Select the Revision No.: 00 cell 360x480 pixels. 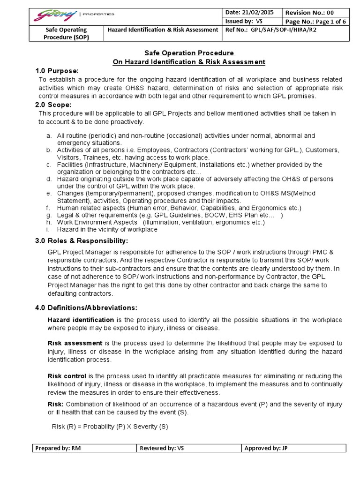[314, 12]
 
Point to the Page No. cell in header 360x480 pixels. [314, 21]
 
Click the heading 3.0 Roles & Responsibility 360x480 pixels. [82, 241]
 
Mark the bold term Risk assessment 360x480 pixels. [75, 343]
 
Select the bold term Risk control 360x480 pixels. [67, 376]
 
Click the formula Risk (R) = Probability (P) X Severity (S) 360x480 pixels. [109, 427]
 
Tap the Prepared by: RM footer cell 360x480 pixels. [84, 449]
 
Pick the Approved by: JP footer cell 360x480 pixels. [293, 449]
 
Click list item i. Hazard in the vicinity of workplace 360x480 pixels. [107, 230]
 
